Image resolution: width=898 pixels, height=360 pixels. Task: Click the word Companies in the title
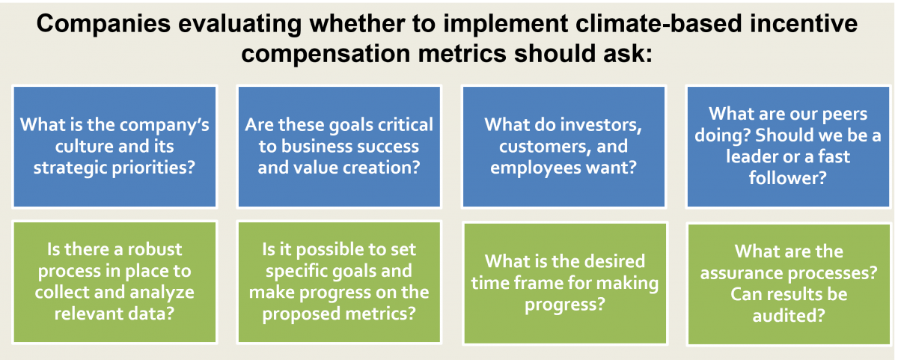point(103,24)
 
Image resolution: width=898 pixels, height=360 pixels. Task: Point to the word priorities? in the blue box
point(153,168)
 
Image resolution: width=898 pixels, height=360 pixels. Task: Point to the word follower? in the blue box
point(788,178)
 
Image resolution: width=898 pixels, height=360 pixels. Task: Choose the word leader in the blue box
point(751,156)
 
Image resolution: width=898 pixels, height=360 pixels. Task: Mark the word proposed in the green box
point(301,314)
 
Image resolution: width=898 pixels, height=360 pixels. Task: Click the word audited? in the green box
point(789,316)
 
